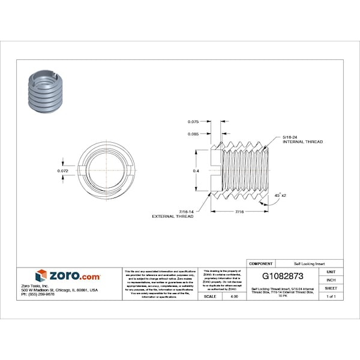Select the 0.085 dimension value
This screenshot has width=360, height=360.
click(193, 134)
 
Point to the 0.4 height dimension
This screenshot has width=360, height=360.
click(195, 171)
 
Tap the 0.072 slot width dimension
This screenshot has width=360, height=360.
click(62, 171)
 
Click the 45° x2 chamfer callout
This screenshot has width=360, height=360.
click(280, 196)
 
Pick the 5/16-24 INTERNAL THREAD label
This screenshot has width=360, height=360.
click(302, 140)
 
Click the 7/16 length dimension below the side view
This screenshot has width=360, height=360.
click(239, 212)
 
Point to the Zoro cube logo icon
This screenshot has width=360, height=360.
click(41, 275)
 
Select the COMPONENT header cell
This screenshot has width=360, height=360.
click(260, 263)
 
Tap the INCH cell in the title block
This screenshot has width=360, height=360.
click(331, 280)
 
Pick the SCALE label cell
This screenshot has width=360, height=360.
click(210, 296)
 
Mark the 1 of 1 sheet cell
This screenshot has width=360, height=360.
click(331, 296)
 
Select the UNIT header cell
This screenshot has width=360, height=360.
click(331, 272)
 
